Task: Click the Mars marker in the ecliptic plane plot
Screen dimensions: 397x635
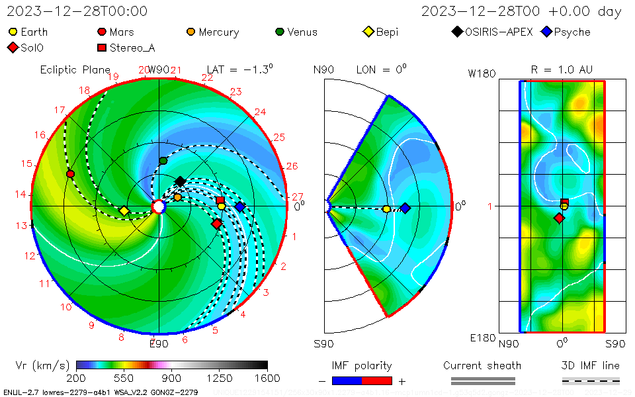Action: (70, 174)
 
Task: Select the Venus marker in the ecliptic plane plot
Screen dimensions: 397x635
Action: (163, 161)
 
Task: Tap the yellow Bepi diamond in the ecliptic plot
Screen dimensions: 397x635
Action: (124, 211)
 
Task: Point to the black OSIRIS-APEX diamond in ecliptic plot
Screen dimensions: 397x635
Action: (180, 181)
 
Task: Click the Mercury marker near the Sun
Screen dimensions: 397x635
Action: (177, 197)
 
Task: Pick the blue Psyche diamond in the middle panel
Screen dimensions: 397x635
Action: (405, 208)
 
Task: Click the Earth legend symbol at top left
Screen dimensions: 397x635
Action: (13, 32)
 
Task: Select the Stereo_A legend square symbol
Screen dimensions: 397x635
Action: (102, 48)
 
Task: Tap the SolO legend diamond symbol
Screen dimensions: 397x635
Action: (13, 48)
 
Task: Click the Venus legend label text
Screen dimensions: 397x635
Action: (302, 32)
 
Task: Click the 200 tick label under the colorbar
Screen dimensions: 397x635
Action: (77, 378)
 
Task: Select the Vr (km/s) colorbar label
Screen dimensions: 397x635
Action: (42, 365)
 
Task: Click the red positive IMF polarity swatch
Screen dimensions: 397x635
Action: (377, 381)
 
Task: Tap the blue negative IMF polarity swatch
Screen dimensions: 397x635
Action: (347, 381)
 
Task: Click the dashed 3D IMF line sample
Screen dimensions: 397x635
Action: (591, 381)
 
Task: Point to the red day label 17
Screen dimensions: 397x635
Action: (60, 110)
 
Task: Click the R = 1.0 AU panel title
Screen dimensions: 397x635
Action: (562, 69)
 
